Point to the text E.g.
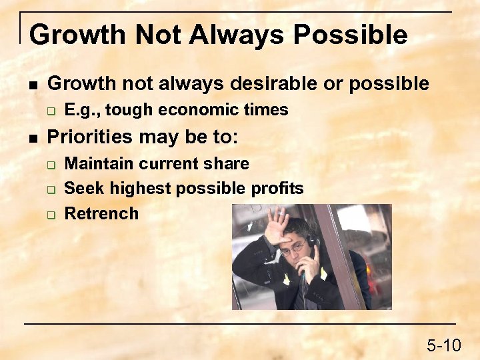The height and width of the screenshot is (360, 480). [82, 110]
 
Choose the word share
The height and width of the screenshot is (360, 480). [227, 164]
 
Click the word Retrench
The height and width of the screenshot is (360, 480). [101, 213]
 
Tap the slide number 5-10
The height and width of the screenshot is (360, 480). [443, 345]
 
